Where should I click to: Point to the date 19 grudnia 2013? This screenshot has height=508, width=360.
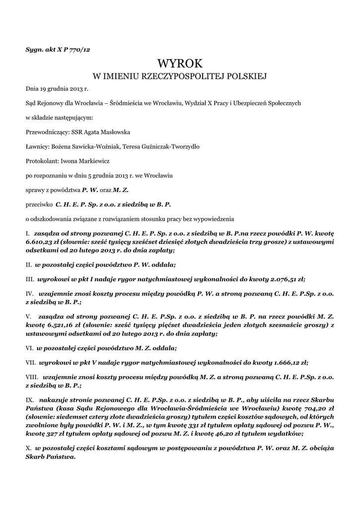(x=60, y=89)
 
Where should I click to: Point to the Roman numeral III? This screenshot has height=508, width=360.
(x=30, y=279)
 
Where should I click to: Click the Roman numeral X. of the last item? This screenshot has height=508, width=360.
(x=28, y=448)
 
